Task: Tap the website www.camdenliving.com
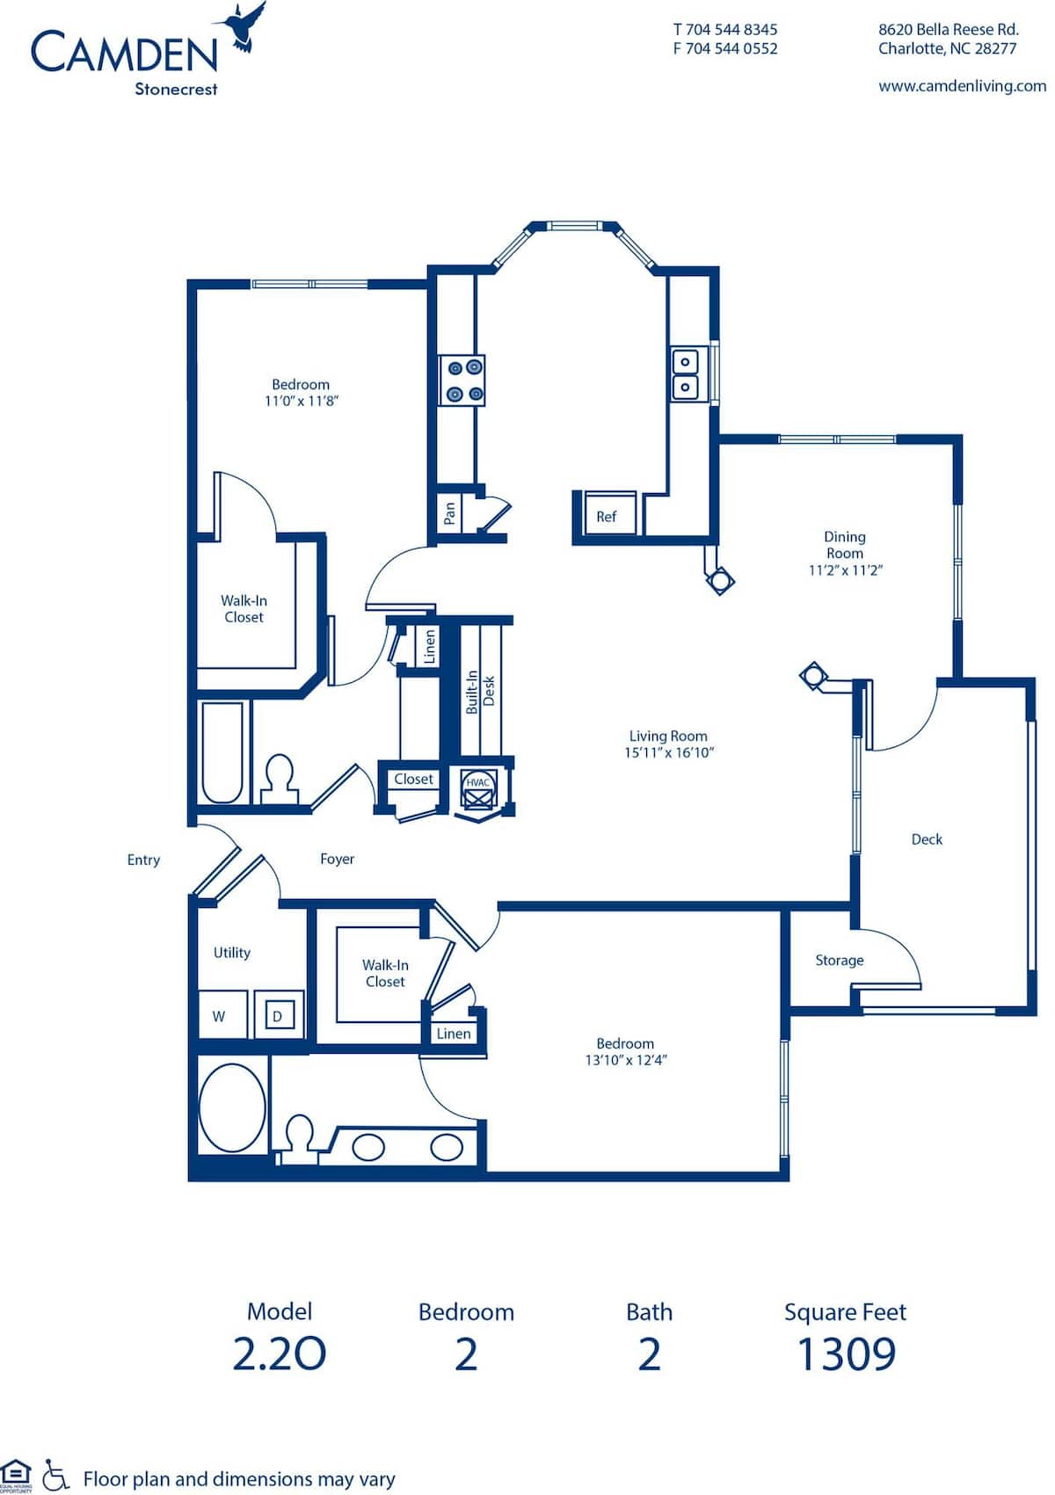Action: click(962, 86)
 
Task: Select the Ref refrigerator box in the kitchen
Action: click(607, 516)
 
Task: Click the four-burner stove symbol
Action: click(462, 381)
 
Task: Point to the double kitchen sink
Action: click(686, 374)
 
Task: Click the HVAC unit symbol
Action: click(477, 793)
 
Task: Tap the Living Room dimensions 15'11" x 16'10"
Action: click(669, 753)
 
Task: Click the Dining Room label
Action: click(844, 545)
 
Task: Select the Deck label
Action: click(927, 839)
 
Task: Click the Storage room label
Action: click(839, 961)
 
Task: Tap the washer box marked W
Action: click(220, 1016)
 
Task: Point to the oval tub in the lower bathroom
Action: click(232, 1108)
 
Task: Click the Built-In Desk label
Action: click(480, 691)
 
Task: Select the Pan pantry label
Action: click(449, 512)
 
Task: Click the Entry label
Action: click(143, 860)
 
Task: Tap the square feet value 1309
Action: click(846, 1354)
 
